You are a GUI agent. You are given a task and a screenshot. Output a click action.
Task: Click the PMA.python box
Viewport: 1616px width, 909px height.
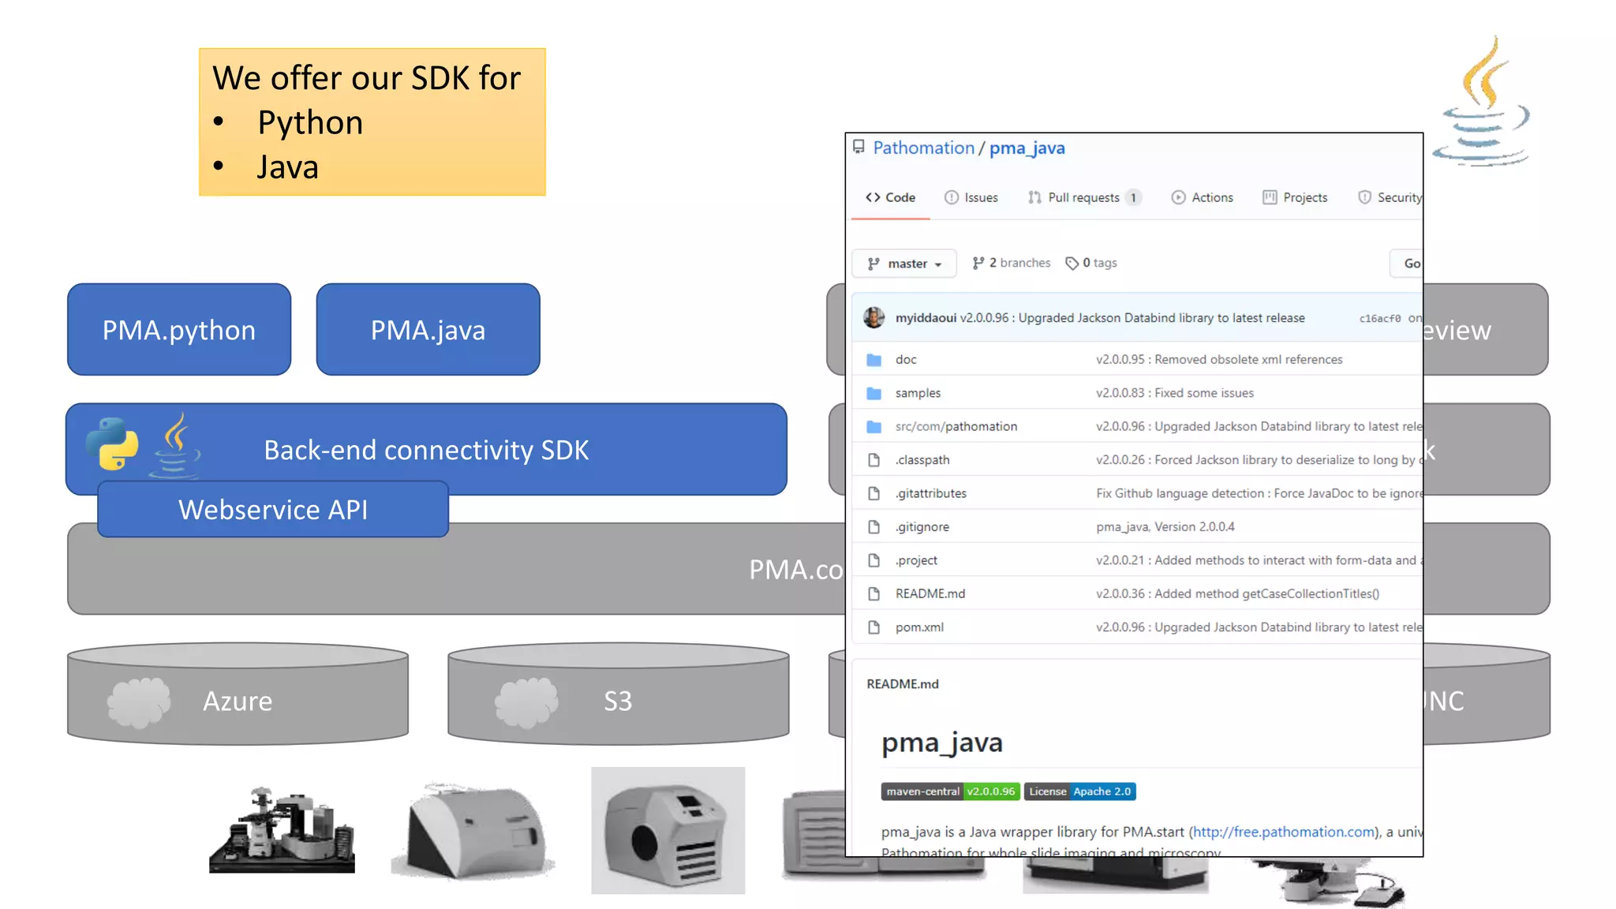click(x=179, y=330)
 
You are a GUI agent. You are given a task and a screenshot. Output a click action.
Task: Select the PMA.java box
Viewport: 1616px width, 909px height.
click(x=428, y=330)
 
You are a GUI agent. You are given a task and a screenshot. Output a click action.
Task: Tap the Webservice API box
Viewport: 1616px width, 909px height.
click(x=273, y=510)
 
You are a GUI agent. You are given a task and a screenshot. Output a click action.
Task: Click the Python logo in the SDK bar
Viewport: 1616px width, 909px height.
click(x=112, y=443)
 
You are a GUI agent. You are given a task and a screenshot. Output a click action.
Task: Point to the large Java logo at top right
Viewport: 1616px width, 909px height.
click(x=1482, y=103)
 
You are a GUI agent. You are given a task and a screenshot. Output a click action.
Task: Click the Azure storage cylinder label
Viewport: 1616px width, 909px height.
click(x=238, y=701)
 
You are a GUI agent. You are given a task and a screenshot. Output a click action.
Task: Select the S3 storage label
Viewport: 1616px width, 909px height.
click(x=618, y=701)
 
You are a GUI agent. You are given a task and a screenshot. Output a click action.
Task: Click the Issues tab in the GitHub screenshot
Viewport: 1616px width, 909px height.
click(x=971, y=197)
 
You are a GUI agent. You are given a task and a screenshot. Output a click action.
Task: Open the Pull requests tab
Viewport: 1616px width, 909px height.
click(x=1083, y=197)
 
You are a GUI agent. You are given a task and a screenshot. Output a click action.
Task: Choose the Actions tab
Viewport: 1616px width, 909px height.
click(x=1203, y=197)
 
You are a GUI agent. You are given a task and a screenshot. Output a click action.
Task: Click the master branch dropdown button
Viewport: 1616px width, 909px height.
click(x=904, y=264)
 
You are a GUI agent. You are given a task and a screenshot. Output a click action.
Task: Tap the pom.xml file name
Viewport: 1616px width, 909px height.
click(x=919, y=627)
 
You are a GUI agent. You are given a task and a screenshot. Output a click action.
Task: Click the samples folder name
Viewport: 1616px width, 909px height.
click(x=918, y=393)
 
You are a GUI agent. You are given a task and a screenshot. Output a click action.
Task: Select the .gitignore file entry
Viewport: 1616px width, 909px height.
click(x=922, y=527)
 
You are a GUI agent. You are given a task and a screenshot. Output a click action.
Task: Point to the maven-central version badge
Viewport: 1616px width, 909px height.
click(x=950, y=791)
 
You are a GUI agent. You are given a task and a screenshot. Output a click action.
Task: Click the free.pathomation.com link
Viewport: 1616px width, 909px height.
click(x=1283, y=832)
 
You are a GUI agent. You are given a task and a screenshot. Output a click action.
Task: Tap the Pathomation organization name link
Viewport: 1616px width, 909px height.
click(x=923, y=148)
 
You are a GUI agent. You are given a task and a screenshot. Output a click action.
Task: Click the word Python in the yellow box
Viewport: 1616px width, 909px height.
click(x=310, y=123)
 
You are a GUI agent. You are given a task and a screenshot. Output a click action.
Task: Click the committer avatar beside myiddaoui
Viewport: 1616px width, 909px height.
click(x=873, y=318)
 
